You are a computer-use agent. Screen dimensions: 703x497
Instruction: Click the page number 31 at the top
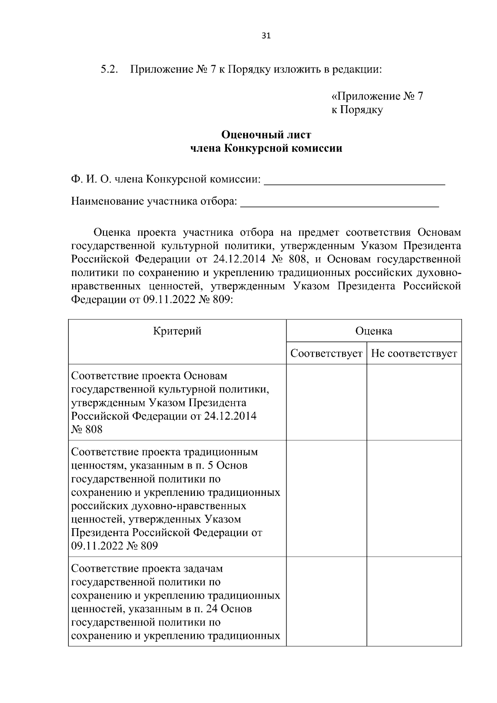[266, 36]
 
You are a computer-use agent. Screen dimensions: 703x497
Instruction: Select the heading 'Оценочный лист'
[266, 135]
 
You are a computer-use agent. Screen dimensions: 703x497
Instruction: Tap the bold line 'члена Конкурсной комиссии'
[266, 148]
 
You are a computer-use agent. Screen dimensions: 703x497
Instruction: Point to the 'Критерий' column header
[177, 331]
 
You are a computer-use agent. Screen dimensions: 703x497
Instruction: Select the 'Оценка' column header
[374, 331]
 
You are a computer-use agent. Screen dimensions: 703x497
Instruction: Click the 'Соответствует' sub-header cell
[326, 353]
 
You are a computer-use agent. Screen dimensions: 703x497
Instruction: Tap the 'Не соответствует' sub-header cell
[414, 353]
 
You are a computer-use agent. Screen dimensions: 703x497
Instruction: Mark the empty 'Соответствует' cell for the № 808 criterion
[326, 402]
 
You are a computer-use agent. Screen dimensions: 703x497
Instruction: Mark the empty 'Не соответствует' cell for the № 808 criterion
[414, 402]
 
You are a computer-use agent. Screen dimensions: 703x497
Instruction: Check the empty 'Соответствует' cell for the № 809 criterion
[326, 498]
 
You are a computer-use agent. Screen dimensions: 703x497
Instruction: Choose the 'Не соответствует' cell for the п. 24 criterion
[414, 601]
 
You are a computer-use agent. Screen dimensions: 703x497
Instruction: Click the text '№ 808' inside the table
[87, 430]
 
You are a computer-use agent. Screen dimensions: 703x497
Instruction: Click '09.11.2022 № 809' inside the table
[114, 546]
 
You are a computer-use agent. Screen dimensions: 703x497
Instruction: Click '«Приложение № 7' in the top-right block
[377, 97]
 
